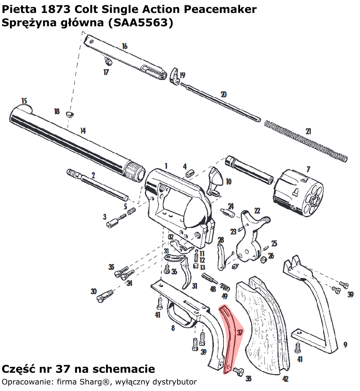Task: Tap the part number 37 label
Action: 240,332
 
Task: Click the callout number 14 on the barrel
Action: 83,131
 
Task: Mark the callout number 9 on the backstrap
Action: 345,345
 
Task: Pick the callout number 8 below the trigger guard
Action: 173,328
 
